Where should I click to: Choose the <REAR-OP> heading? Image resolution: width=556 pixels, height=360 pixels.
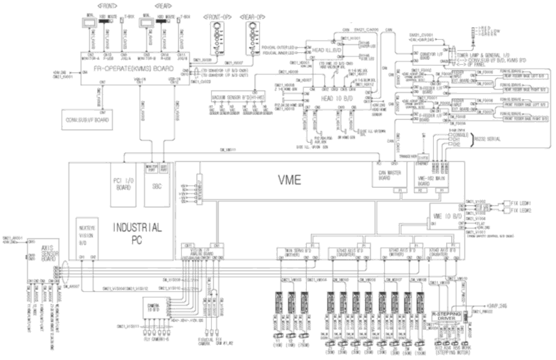coord(255,14)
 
